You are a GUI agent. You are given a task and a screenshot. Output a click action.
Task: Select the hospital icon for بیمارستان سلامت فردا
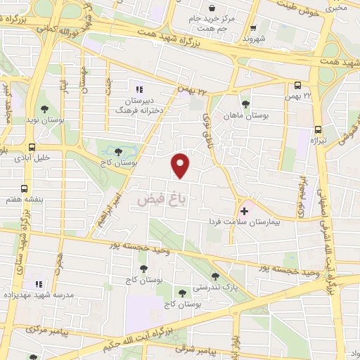[244, 210]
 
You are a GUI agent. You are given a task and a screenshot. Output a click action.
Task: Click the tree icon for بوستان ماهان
[245, 104]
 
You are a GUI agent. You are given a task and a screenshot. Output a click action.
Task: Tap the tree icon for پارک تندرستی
[214, 276]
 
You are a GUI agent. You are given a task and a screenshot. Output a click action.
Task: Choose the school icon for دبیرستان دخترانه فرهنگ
[139, 89]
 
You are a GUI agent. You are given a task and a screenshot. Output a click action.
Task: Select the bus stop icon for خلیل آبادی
[31, 148]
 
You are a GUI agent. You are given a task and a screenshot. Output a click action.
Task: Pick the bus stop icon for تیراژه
[318, 129]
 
